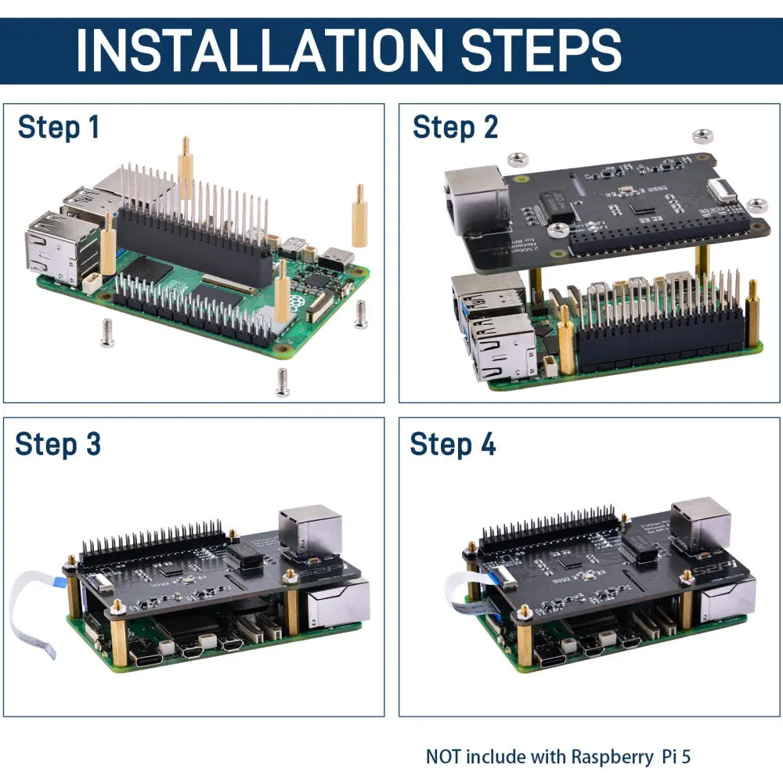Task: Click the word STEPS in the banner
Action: tap(540, 51)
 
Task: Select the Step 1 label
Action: tap(59, 127)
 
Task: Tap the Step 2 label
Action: tap(455, 127)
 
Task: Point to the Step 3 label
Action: tap(58, 444)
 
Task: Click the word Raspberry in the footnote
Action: tap(610, 756)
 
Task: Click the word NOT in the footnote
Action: tap(444, 756)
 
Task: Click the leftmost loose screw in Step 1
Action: tap(107, 332)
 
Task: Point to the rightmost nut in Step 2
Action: tap(756, 205)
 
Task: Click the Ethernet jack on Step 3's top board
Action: tap(311, 532)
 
